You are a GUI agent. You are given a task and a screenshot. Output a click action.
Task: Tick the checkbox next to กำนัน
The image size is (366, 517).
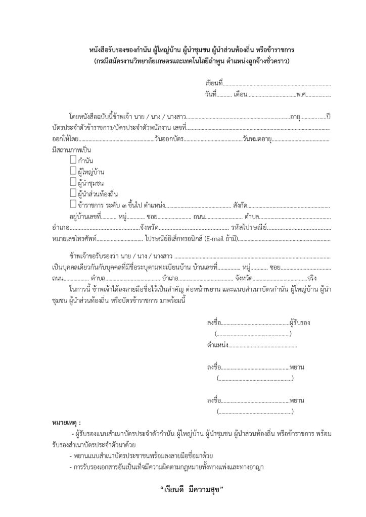tap(73, 161)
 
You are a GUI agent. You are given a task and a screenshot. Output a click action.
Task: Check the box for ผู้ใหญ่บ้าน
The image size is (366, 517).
tap(73, 171)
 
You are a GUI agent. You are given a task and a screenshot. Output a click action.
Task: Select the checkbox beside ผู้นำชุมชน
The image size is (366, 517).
tap(73, 182)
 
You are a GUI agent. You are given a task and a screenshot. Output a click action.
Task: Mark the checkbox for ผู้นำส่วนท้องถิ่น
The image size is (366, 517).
tap(73, 193)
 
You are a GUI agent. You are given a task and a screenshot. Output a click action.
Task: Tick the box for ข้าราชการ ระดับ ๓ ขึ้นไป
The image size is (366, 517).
tap(73, 204)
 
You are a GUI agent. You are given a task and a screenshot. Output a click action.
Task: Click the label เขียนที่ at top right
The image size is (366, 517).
tap(213, 83)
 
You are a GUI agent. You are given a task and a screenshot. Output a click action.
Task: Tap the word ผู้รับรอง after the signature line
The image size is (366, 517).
tap(299, 322)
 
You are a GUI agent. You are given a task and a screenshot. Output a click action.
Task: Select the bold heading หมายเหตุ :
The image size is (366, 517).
tap(66, 422)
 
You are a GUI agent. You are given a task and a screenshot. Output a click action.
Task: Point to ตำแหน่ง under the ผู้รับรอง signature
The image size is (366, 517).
tap(217, 345)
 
